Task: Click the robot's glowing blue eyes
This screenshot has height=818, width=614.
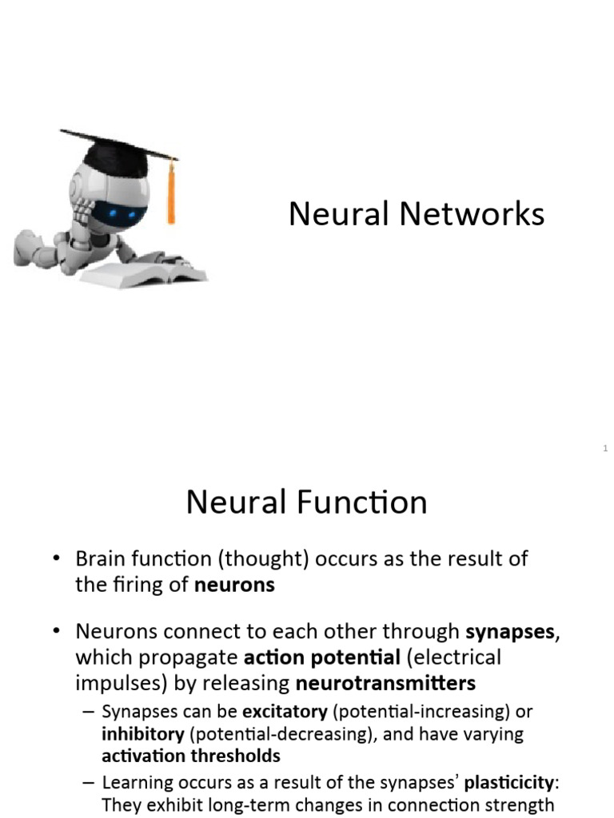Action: coord(121,213)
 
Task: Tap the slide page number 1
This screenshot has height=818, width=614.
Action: coord(606,449)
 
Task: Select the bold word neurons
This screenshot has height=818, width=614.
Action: coord(234,585)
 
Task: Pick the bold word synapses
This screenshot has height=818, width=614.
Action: coord(510,632)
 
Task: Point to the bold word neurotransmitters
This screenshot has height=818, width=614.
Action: coord(385,683)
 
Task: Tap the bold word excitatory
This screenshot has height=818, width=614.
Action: coord(285,711)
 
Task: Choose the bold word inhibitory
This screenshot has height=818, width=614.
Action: coord(142,733)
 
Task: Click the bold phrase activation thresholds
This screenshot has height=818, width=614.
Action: coord(191,756)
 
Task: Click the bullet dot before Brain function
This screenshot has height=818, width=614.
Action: coord(56,559)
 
